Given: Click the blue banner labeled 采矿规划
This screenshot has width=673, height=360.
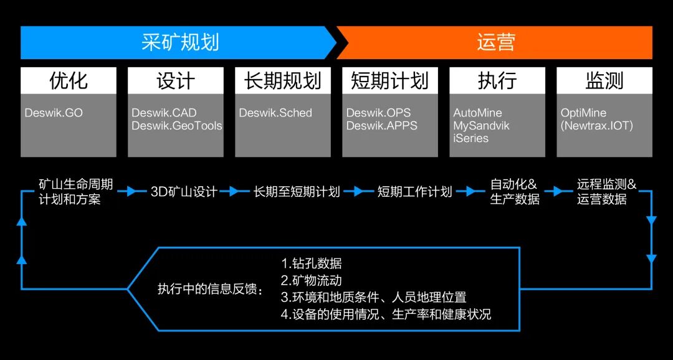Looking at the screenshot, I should [179, 42].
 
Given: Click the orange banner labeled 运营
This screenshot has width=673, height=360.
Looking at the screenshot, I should [495, 42].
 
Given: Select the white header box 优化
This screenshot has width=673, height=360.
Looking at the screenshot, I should [69, 81].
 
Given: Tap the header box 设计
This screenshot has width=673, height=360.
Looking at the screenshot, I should [176, 81].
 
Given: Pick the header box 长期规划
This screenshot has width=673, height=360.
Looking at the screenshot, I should [283, 81].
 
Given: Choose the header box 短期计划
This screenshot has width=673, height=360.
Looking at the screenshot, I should [390, 81].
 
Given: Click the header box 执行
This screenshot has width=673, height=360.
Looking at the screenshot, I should [497, 81].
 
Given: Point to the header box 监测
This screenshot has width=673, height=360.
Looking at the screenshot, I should [604, 81].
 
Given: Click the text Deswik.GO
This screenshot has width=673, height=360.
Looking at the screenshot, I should [54, 113].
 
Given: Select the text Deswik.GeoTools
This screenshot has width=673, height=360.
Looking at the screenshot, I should [177, 126].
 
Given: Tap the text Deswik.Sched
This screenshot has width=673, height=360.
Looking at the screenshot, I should [275, 113].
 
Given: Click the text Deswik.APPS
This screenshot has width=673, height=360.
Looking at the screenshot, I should [382, 126].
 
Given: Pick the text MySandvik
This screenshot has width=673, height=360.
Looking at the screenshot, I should [482, 126].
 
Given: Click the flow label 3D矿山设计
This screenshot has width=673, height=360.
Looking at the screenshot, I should [184, 192].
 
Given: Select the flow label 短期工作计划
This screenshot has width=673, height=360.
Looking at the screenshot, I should [414, 192].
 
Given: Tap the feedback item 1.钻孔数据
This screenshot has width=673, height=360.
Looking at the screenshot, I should [312, 263].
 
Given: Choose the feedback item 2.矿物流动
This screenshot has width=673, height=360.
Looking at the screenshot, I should [312, 280].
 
